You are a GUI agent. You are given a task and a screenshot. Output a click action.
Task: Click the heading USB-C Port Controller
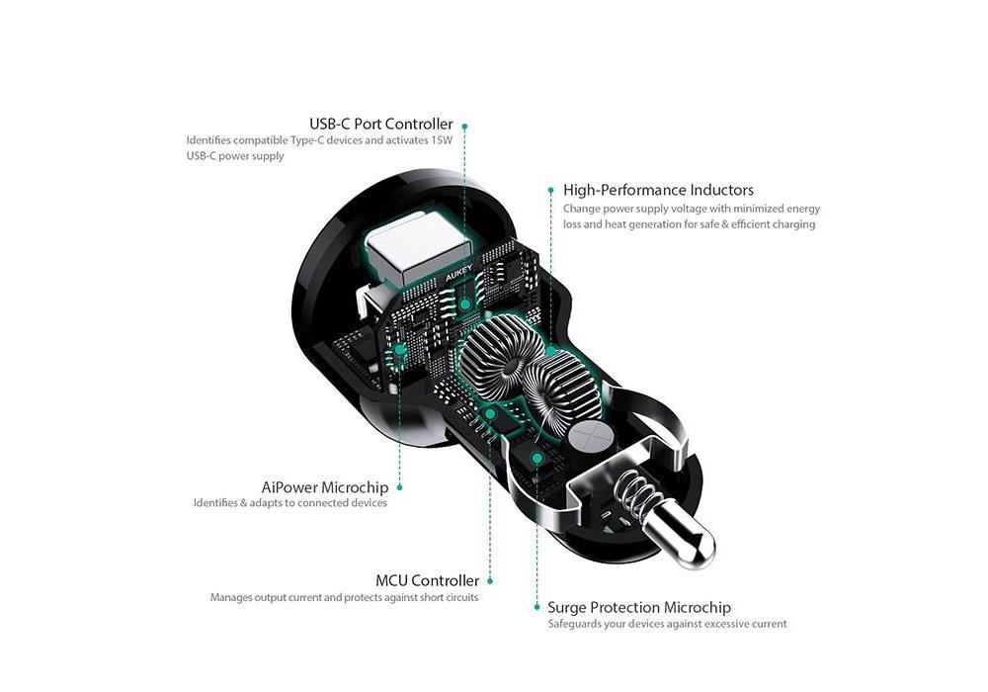380,125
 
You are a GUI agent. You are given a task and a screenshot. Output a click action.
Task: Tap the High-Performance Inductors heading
658,190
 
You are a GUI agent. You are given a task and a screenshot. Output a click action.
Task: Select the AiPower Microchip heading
325,486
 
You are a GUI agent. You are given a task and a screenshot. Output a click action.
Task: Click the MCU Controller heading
427,580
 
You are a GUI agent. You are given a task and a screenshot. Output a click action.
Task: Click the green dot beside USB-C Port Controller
464,126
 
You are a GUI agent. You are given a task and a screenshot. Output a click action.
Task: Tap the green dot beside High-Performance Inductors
550,188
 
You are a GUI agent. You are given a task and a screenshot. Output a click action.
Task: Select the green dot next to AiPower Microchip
399,486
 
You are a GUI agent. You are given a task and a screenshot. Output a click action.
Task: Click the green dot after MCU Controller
491,581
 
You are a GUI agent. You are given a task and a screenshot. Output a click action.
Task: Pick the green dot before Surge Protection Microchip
537,608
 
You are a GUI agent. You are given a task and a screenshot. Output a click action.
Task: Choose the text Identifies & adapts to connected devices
289,503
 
